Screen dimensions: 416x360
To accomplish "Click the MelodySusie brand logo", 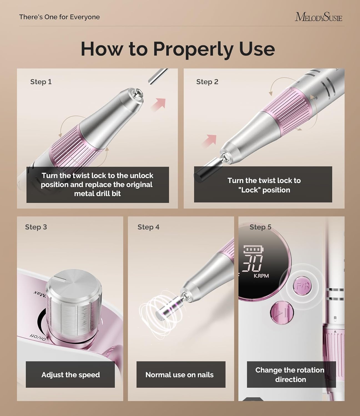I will tap(318, 17).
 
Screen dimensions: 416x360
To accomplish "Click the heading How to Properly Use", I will tap(178, 49).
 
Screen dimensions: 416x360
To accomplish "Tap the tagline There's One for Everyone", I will tap(59, 17).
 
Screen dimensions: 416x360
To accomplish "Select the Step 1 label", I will tap(41, 82).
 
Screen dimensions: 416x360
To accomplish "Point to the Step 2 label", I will tap(207, 82).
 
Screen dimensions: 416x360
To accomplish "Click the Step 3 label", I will tap(36, 227).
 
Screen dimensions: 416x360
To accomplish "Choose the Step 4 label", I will tap(148, 227).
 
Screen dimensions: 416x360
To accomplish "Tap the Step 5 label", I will tap(260, 227).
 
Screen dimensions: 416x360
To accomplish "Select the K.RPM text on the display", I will tap(261, 276).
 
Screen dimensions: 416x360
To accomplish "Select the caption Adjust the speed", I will tap(71, 375).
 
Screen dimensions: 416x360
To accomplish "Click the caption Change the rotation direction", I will tap(290, 375).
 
